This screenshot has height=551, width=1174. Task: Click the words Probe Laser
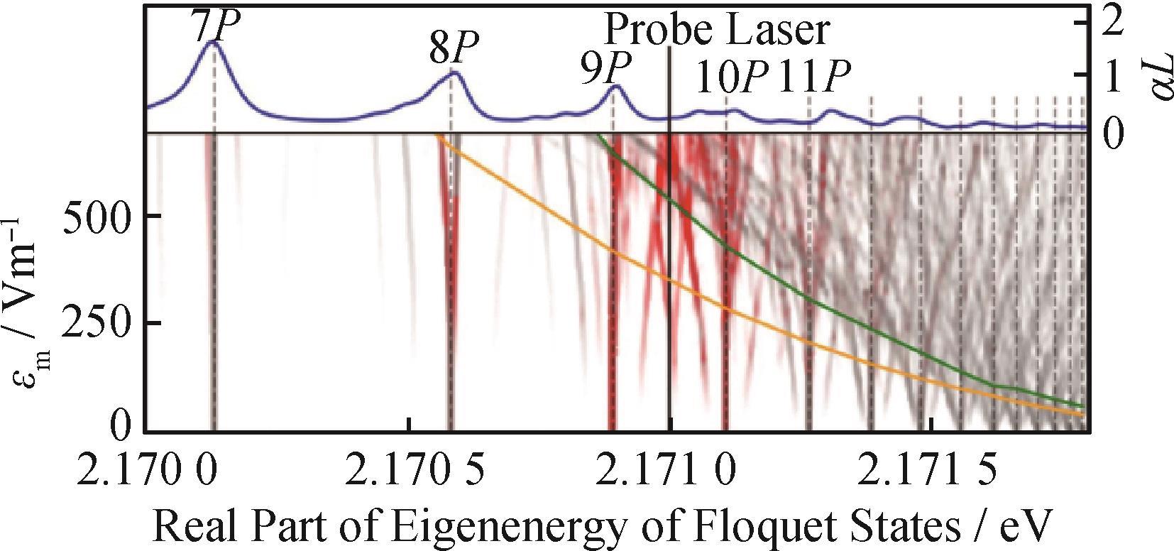[716, 31]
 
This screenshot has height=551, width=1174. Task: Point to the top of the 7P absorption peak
[212, 43]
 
